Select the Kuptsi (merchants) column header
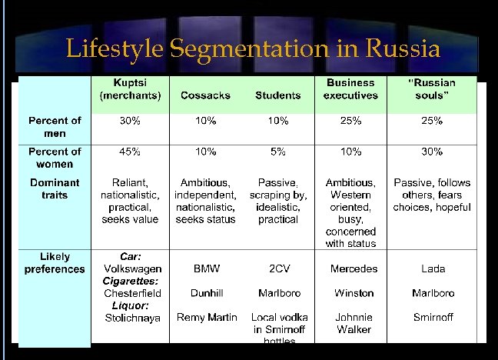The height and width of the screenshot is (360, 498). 130,89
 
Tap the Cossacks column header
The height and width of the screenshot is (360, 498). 205,95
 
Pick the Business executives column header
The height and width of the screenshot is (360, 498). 350,89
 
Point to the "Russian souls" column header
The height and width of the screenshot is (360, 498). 431,89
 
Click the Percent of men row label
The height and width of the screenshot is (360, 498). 55,127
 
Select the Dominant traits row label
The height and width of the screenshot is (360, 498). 55,189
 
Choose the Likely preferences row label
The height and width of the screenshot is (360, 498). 55,263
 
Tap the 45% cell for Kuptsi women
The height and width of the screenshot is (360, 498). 130,152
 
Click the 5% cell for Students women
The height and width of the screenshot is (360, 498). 277,152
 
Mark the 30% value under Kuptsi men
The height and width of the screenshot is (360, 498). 130,121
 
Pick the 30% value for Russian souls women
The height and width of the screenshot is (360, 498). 432,152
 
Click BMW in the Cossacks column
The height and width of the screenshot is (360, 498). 206,269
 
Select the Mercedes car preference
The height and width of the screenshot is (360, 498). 354,269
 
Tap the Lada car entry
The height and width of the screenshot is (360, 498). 433,269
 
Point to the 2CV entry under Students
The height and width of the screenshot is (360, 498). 278,269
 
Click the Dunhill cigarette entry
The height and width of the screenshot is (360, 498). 206,293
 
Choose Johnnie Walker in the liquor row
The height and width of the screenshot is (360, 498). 354,323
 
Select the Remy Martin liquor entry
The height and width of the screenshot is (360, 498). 206,317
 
